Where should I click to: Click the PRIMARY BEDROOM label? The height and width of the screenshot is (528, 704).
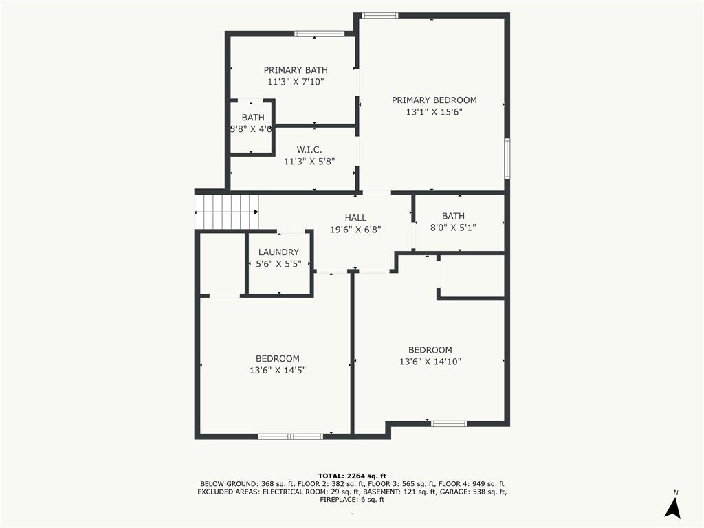434,100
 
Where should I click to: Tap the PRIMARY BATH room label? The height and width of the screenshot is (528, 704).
296,70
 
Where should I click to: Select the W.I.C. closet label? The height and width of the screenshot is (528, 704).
309,150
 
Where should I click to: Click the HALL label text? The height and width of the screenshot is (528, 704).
355,218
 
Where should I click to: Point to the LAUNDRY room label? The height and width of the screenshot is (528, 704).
278,252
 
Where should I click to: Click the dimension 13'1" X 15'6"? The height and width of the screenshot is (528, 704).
434,112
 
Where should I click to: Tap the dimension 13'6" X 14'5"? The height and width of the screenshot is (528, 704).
278,370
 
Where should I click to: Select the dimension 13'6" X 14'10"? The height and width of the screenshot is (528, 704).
430,362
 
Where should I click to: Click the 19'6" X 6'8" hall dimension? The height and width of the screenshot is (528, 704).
355,230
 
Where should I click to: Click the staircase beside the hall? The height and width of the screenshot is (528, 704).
227,212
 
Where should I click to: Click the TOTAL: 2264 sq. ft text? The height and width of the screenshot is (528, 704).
352,476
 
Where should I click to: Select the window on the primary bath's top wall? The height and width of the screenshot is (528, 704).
319,34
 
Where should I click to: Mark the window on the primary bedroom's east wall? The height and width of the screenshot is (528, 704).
507,159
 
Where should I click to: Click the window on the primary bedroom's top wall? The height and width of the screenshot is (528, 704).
380,15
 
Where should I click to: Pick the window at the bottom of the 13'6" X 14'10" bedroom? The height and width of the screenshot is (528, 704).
449,423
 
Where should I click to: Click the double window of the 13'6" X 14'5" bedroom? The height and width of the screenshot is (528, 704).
290,436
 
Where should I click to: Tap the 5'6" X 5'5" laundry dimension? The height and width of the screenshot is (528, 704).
278,263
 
